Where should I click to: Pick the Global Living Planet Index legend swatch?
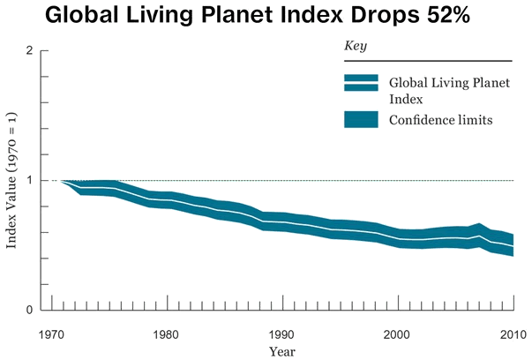point(361,83)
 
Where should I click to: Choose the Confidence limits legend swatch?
point(361,118)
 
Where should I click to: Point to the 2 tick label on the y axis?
point(30,51)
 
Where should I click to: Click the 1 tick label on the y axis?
point(30,181)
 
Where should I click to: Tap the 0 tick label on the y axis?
point(30,310)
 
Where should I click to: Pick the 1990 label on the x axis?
point(282,335)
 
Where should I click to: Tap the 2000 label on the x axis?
point(398,335)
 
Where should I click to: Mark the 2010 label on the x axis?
point(513,335)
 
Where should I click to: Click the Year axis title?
point(282,352)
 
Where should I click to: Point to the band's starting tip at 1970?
point(62,181)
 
